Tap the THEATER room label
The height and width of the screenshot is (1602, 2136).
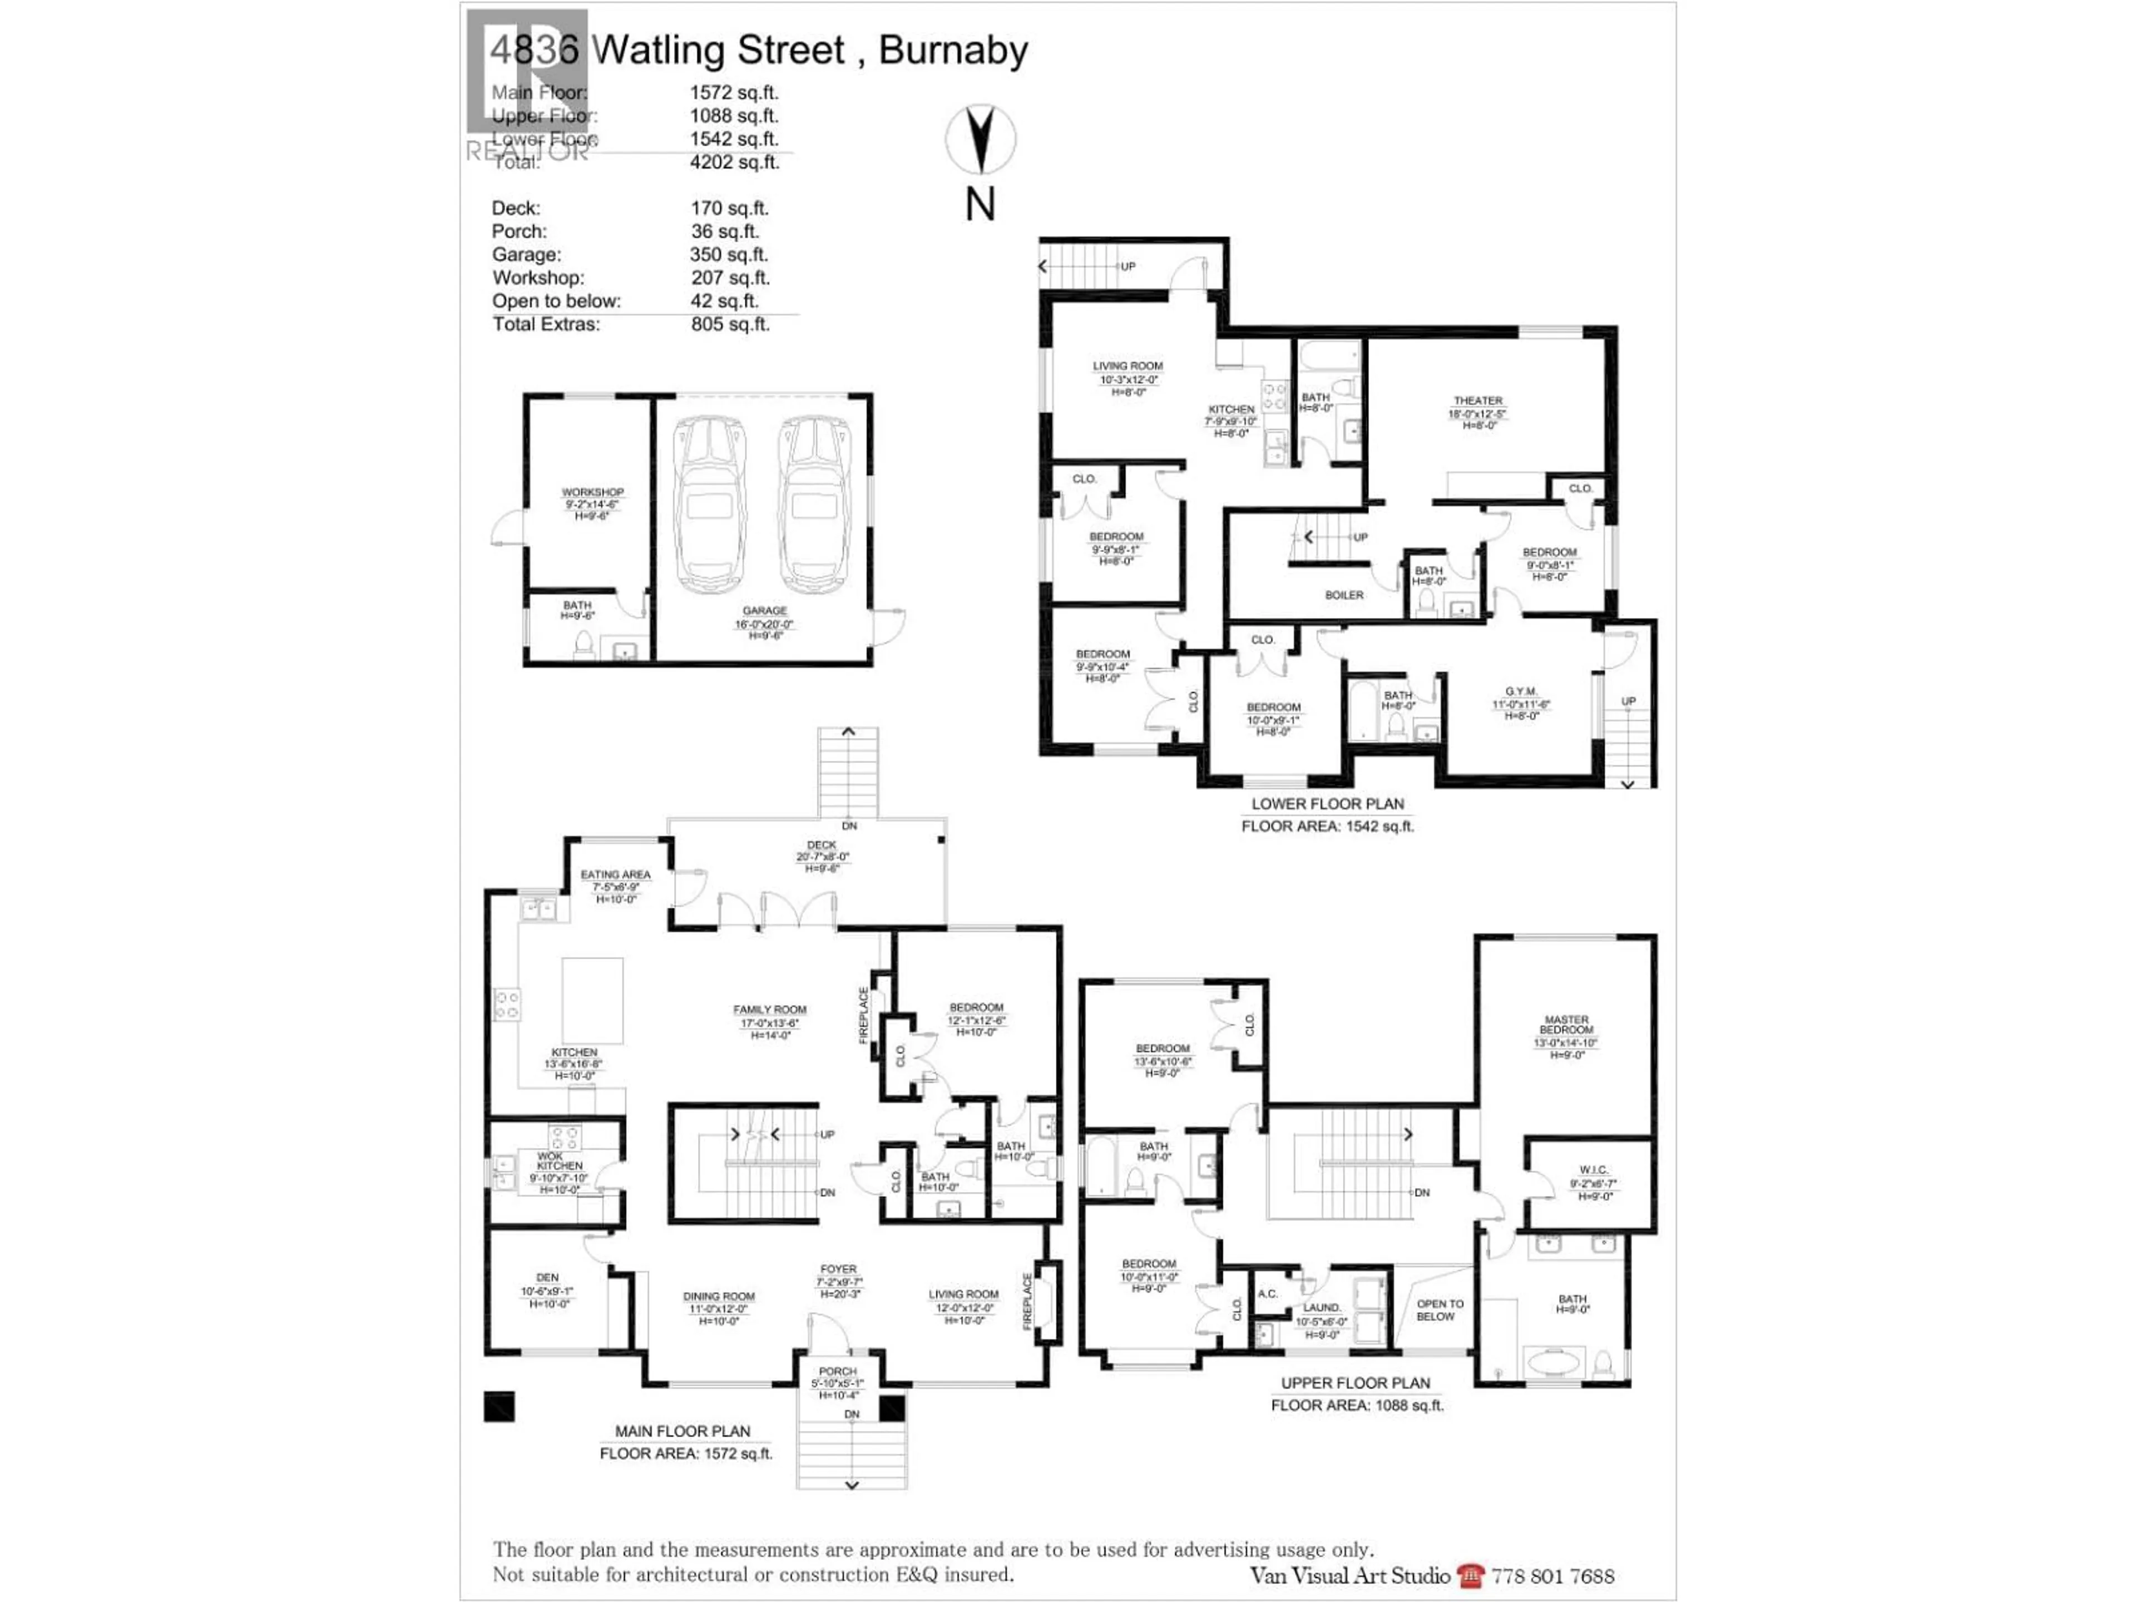pos(1477,400)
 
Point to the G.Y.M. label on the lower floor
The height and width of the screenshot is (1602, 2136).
pos(1521,691)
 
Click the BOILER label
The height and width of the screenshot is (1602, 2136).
pos(1344,595)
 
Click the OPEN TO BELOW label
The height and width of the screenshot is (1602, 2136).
pos(1440,1309)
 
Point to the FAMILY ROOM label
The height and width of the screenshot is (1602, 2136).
pos(770,1010)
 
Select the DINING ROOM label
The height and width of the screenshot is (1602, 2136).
pos(719,1296)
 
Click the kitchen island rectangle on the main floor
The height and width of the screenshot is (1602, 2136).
pos(592,1000)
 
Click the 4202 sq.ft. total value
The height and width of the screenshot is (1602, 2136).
pos(734,162)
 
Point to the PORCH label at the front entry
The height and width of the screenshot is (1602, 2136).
pos(837,1371)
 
